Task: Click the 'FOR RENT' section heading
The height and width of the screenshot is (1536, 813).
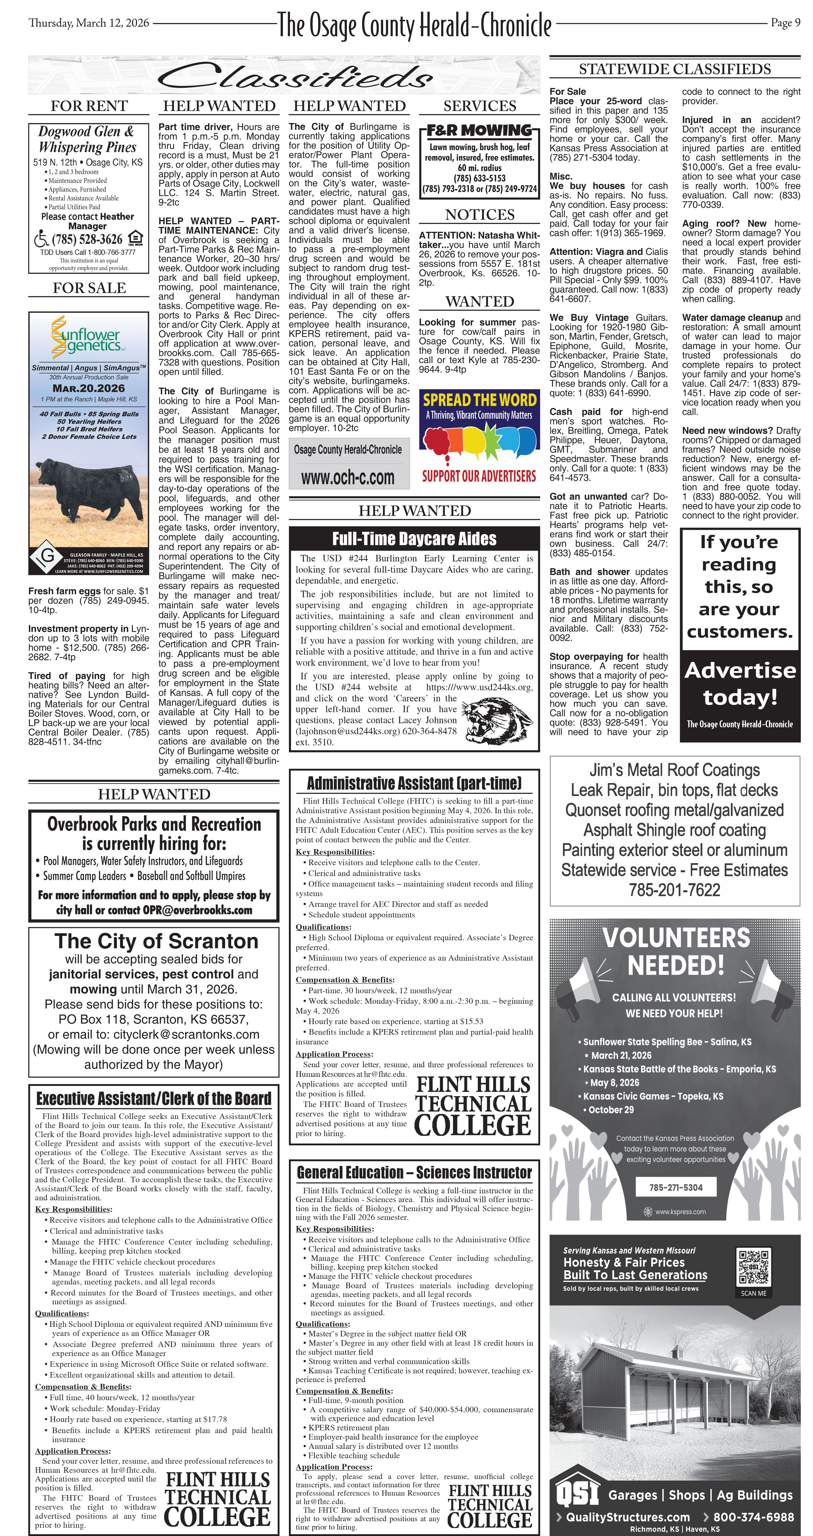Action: [x=89, y=106]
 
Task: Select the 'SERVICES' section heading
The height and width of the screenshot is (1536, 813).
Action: [x=480, y=106]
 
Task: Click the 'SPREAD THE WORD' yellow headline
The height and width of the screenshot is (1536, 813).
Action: [x=480, y=399]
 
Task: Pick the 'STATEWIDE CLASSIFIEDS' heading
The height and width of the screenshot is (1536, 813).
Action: [x=675, y=69]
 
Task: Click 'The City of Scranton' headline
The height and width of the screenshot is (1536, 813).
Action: [x=156, y=941]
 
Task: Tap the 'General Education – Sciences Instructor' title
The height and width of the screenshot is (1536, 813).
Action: [x=414, y=1172]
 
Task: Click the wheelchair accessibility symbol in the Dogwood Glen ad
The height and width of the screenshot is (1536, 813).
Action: [x=41, y=239]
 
